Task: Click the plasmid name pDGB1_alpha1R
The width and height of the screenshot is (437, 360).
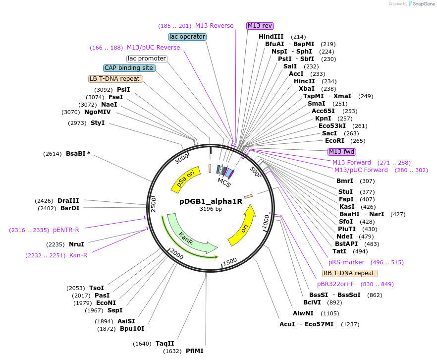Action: tap(211, 201)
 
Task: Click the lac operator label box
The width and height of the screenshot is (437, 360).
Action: tap(187, 37)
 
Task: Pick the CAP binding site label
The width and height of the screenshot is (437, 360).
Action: tap(129, 68)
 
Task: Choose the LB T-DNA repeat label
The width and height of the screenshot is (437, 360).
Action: tap(115, 79)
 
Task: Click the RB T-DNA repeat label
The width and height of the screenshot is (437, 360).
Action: tap(350, 273)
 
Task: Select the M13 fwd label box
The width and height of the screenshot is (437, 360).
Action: tap(342, 152)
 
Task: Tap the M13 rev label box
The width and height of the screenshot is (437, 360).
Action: tap(260, 26)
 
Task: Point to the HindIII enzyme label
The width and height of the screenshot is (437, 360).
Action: tap(271, 37)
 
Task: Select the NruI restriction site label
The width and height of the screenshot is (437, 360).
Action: tap(76, 244)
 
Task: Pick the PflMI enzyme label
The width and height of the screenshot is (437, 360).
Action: tap(194, 351)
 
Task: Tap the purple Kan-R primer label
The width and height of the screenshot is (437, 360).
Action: tap(78, 255)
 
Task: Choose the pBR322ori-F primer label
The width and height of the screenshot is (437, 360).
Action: tap(335, 284)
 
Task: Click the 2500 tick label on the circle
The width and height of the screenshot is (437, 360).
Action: tap(154, 204)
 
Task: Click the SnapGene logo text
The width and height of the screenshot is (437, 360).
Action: tap(422, 4)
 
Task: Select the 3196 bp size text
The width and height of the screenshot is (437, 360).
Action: tap(211, 209)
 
